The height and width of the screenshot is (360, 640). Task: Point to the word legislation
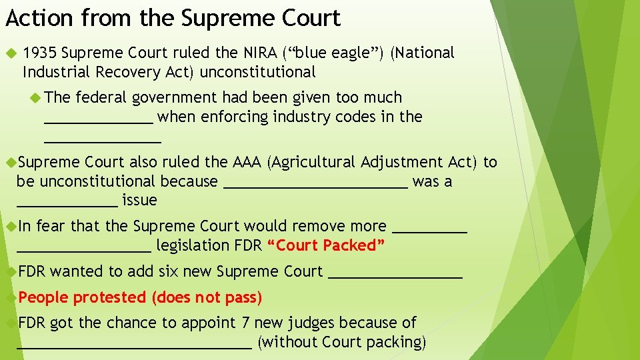pos(193,245)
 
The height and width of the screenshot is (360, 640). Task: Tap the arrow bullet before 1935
pos(9,53)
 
